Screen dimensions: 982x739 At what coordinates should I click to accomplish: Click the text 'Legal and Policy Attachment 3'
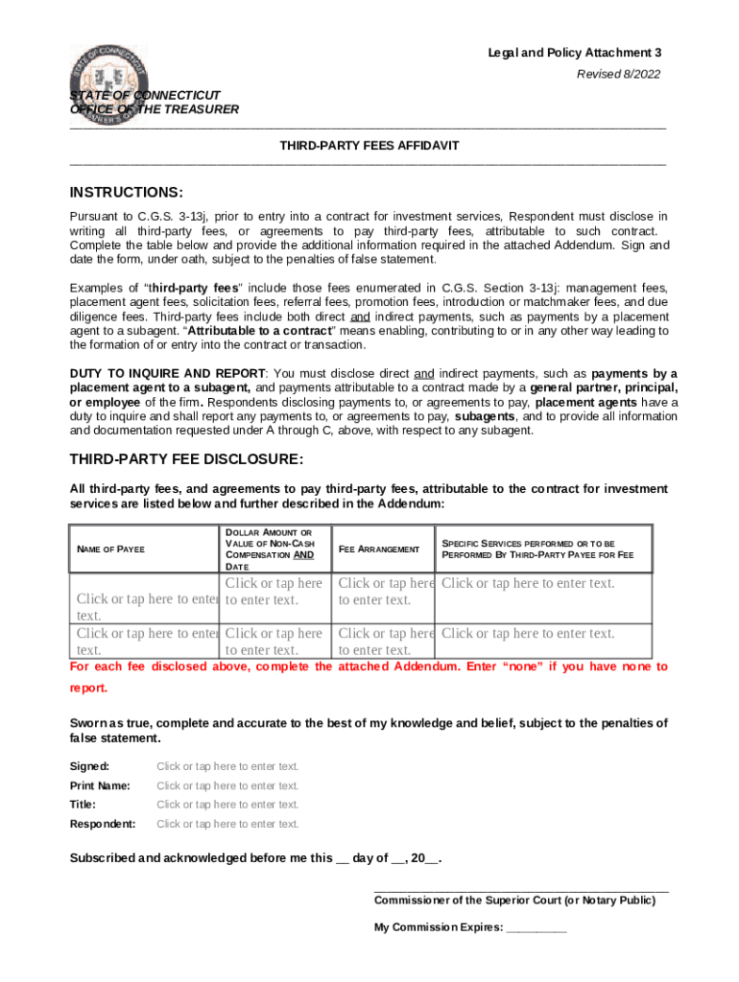pyautogui.click(x=574, y=53)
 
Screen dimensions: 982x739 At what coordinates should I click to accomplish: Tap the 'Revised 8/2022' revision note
pyautogui.click(x=618, y=74)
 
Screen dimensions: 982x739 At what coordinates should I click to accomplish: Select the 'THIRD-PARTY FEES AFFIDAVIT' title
pyautogui.click(x=369, y=145)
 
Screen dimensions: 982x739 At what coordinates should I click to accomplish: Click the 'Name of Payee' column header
pyautogui.click(x=110, y=549)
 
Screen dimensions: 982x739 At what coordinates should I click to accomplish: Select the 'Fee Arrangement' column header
pyautogui.click(x=379, y=549)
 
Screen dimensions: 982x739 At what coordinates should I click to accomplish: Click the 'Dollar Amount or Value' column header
pyautogui.click(x=269, y=549)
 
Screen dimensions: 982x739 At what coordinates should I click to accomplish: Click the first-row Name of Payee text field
pyautogui.click(x=147, y=600)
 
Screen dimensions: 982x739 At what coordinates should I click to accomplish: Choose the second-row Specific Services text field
pyautogui.click(x=528, y=634)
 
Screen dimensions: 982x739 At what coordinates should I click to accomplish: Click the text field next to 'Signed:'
pyautogui.click(x=227, y=766)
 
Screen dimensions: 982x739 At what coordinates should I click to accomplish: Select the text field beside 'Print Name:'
pyautogui.click(x=227, y=785)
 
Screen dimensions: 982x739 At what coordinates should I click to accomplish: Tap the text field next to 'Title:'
pyautogui.click(x=227, y=805)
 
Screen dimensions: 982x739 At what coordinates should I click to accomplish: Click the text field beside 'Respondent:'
pyautogui.click(x=227, y=824)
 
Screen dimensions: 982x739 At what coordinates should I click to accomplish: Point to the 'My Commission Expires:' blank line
pyautogui.click(x=536, y=928)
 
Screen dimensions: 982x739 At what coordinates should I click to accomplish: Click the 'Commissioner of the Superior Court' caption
pyautogui.click(x=514, y=900)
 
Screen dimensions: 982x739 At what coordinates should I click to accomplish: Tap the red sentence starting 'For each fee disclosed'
pyautogui.click(x=369, y=666)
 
